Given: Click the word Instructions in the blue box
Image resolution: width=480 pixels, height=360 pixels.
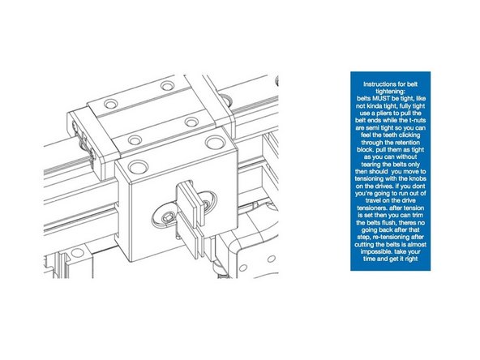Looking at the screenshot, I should [x=379, y=84].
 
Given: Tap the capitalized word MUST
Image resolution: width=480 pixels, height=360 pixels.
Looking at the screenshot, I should [x=372, y=96].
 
